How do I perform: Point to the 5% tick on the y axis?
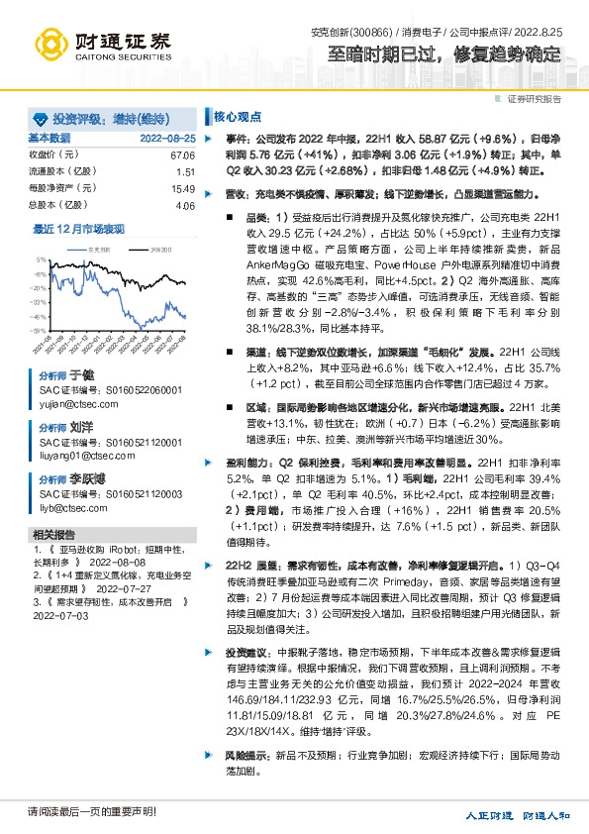pos(41,261)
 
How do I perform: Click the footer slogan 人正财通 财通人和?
pos(518,816)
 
